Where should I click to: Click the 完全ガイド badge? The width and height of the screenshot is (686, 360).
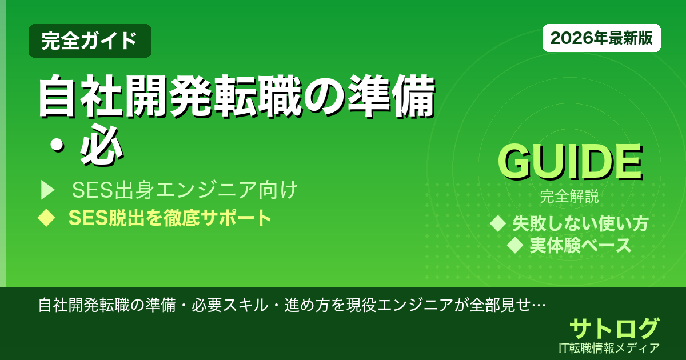click(x=90, y=41)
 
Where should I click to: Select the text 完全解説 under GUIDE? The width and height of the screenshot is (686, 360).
click(x=569, y=198)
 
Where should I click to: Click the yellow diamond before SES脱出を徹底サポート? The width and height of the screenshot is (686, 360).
click(x=46, y=218)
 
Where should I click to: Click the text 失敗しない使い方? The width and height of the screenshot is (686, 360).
click(x=580, y=223)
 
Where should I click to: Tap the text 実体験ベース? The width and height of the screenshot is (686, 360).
click(x=580, y=245)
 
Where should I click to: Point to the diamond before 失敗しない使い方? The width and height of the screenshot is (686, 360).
click(x=499, y=223)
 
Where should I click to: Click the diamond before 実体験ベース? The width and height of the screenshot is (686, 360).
click(x=516, y=245)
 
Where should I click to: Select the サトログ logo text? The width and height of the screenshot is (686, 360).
click(x=614, y=329)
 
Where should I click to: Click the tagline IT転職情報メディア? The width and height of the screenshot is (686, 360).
click(x=610, y=347)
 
